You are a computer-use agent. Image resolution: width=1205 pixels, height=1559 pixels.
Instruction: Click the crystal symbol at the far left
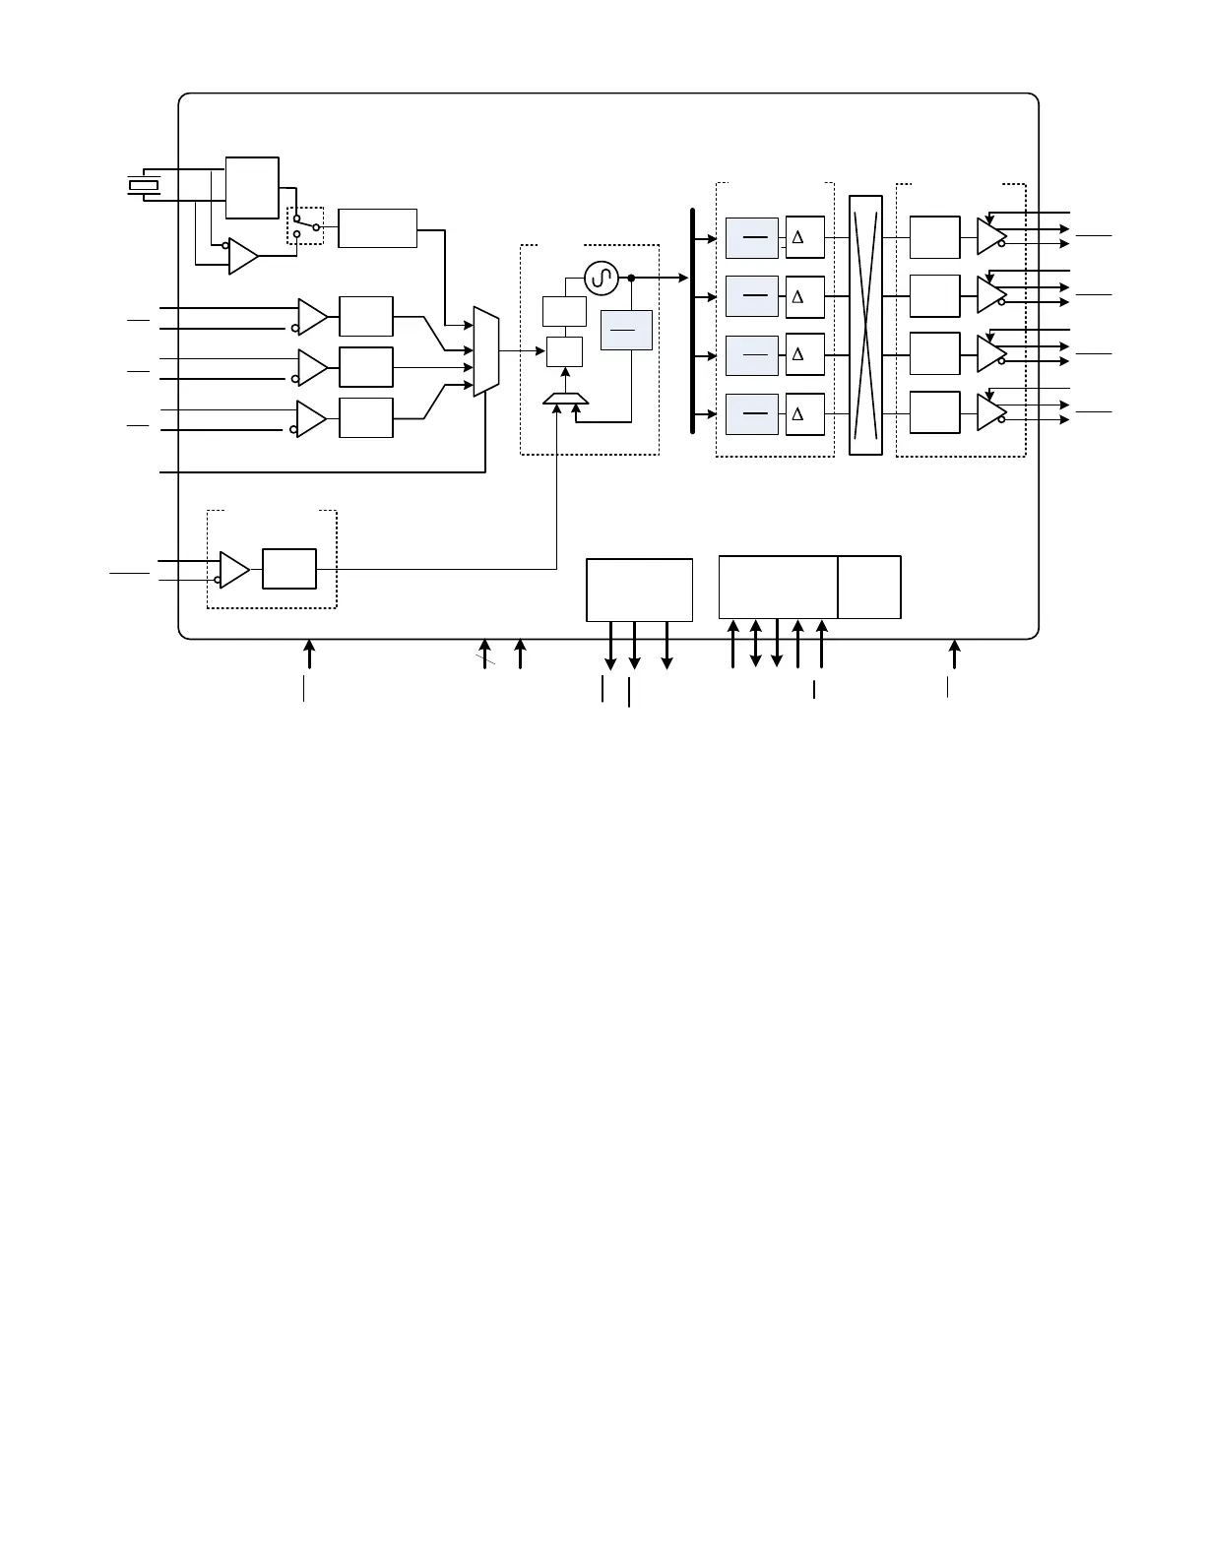[144, 185]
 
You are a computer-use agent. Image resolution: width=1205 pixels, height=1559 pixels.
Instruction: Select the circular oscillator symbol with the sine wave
[602, 278]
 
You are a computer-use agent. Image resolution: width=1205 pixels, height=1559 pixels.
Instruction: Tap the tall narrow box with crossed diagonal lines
[865, 325]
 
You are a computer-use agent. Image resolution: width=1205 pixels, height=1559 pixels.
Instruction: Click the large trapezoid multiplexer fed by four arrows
[486, 351]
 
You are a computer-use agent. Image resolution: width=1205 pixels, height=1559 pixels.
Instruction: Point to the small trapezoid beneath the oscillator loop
[565, 399]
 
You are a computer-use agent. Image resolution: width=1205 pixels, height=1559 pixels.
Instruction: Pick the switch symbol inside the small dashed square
[306, 226]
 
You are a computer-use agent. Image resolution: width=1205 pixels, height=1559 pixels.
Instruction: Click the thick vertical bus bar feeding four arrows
[692, 321]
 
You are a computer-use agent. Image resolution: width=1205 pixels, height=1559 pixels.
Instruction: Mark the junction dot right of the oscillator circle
[632, 278]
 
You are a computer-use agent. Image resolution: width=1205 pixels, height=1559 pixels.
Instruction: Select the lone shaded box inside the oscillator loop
[626, 330]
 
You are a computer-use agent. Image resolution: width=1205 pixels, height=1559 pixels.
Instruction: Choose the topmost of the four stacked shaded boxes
[752, 238]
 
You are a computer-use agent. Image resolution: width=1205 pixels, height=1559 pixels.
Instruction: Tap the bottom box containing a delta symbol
[805, 414]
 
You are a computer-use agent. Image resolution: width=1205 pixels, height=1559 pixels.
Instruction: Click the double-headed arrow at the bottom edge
[756, 644]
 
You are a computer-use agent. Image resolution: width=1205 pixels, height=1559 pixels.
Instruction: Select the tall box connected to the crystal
[252, 188]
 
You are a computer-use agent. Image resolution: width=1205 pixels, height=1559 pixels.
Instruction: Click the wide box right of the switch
[377, 228]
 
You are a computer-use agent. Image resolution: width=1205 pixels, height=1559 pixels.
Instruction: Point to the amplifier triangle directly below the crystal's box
[243, 256]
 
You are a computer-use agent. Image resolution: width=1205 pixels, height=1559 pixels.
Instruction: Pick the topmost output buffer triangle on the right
[991, 237]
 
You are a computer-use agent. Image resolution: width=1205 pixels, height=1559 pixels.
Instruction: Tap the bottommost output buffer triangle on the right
[991, 412]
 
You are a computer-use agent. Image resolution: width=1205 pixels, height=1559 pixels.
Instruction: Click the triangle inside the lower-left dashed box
[234, 570]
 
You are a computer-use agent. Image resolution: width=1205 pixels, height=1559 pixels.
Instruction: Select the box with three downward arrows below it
[640, 590]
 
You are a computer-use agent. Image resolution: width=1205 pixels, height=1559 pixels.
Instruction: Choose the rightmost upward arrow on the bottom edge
[955, 655]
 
